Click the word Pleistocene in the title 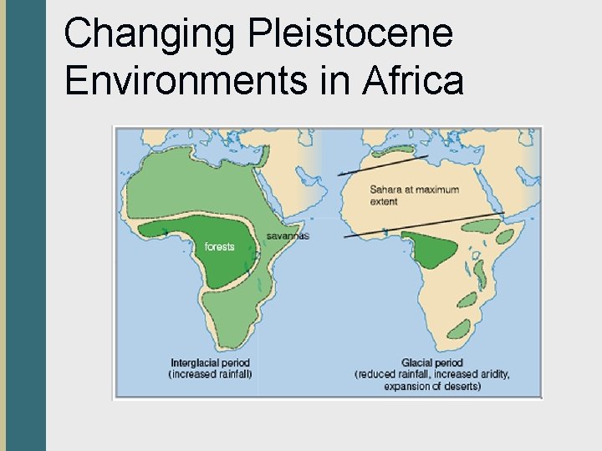350,34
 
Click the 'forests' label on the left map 220,246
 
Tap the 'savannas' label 288,236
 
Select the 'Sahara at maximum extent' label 414,195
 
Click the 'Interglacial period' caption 211,363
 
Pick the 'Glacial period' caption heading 431,363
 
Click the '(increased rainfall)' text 211,374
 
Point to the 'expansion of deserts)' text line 431,386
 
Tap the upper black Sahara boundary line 385,165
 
